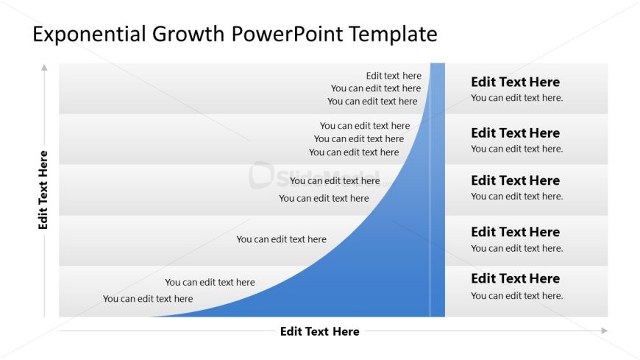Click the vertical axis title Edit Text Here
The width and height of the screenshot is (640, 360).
(43, 190)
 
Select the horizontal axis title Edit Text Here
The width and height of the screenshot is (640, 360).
(319, 331)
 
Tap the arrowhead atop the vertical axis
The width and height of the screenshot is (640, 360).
(44, 68)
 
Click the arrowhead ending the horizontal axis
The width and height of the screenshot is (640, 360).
(604, 331)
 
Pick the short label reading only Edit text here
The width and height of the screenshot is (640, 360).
(394, 75)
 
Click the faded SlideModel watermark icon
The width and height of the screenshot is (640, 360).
(261, 175)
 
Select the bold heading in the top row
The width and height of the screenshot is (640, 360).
(515, 82)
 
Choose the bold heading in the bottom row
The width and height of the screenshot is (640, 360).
(515, 278)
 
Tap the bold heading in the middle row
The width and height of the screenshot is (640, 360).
(515, 180)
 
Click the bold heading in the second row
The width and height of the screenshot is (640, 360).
(515, 133)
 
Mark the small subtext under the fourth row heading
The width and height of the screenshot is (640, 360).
(516, 248)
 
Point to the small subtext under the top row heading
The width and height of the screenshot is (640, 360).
(516, 98)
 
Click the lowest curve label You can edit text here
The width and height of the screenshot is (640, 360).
(148, 299)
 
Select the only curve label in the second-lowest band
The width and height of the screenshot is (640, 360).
(281, 239)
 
